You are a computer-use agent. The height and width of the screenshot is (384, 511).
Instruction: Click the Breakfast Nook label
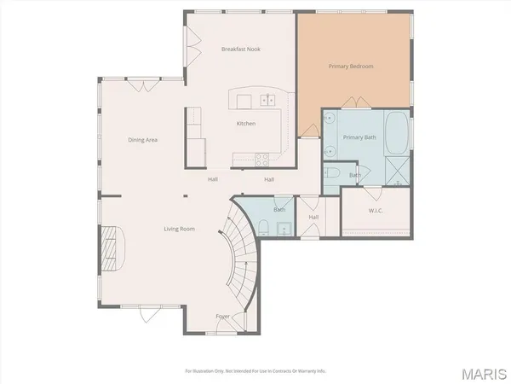[241, 49]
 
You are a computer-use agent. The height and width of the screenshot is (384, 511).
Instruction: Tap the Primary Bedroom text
[351, 66]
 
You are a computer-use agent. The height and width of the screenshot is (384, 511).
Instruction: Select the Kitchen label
[246, 124]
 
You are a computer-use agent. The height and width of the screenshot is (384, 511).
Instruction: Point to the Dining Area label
[143, 140]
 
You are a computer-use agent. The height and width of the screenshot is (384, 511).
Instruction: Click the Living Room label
[180, 229]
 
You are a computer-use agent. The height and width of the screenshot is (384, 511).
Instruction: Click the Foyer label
[222, 317]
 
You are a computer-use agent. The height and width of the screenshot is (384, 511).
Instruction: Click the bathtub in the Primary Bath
[397, 133]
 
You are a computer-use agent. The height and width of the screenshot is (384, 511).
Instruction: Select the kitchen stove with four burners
[263, 157]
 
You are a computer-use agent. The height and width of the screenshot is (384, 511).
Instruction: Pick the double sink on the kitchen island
[270, 101]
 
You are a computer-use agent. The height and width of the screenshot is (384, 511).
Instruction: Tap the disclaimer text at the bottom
[255, 371]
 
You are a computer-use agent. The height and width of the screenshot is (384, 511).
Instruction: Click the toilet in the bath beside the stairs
[264, 228]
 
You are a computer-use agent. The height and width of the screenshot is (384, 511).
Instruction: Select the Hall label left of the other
[213, 180]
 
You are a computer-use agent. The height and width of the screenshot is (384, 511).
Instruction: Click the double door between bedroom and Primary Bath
[351, 104]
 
